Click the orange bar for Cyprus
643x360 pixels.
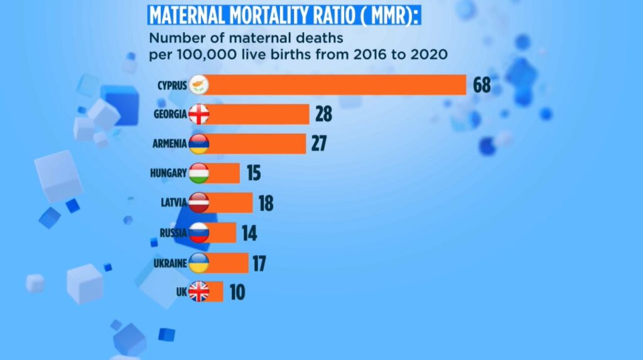point(336,85)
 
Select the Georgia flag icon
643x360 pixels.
point(198,114)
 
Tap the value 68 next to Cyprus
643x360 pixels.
point(482,85)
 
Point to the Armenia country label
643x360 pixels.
point(170,144)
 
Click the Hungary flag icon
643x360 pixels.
point(198,173)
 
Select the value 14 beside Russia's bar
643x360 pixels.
point(249,234)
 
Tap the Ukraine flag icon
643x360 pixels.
point(198,263)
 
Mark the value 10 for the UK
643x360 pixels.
point(236,293)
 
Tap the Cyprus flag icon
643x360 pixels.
point(198,85)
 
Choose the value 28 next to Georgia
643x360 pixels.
point(323,114)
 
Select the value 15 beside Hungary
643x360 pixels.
point(253,173)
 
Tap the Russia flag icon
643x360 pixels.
point(198,232)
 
